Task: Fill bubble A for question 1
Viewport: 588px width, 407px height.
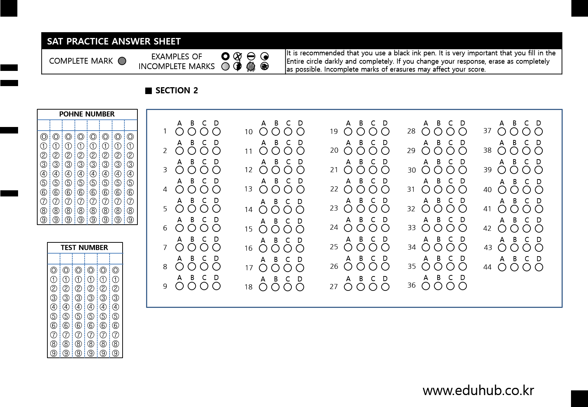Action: click(x=180, y=132)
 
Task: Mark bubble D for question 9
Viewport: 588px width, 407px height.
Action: click(x=216, y=286)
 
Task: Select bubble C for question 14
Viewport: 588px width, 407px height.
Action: click(x=288, y=210)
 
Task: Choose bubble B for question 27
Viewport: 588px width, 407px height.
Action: click(x=361, y=287)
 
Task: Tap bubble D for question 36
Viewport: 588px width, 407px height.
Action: click(x=463, y=286)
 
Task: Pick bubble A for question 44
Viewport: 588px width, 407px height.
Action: click(x=502, y=267)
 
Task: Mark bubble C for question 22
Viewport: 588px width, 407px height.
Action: click(x=373, y=189)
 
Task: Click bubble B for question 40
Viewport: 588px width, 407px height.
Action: click(x=515, y=190)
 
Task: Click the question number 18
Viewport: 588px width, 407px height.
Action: click(x=248, y=287)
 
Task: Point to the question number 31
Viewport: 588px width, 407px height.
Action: click(x=411, y=189)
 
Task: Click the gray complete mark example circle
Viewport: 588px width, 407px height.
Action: click(x=122, y=61)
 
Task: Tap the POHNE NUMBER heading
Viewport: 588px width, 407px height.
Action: click(x=87, y=114)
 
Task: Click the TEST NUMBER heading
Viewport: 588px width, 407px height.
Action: click(x=84, y=247)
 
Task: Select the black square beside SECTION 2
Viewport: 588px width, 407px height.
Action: click(x=149, y=91)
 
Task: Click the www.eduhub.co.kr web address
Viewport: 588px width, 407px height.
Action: click(x=478, y=390)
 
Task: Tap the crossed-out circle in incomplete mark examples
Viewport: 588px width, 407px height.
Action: click(x=238, y=56)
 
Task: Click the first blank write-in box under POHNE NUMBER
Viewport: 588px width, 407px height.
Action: click(x=43, y=125)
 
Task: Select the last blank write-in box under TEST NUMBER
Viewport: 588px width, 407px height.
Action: click(x=116, y=259)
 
